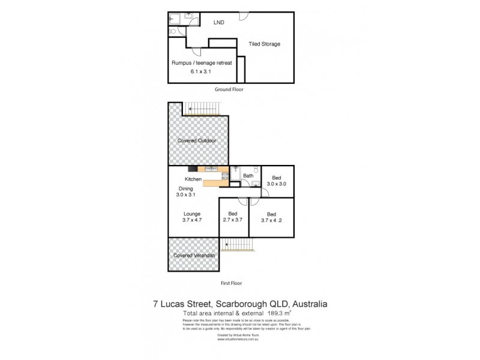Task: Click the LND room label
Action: tap(219, 23)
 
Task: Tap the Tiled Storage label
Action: tap(265, 44)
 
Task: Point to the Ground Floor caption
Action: tap(229, 89)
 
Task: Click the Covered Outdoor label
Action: tap(196, 140)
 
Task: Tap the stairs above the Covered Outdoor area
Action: tap(204, 109)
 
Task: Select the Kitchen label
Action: tap(193, 179)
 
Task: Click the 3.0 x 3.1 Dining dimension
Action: tap(186, 195)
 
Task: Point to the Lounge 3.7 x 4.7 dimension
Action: tap(192, 221)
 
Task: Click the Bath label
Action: tap(248, 176)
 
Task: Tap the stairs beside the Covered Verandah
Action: tap(237, 245)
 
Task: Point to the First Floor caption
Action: tap(231, 282)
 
